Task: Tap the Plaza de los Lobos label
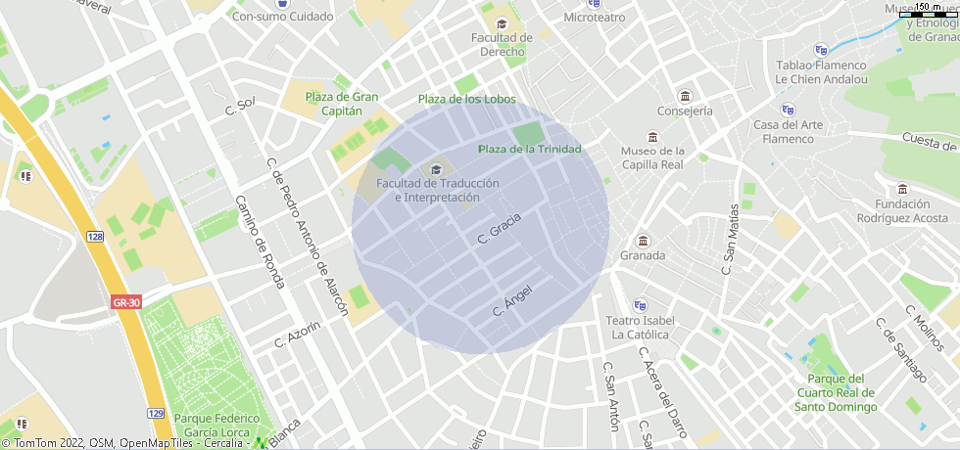point(466,100)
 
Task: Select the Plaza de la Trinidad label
point(529,149)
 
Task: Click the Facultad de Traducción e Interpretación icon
point(432,170)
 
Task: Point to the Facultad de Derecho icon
point(502,24)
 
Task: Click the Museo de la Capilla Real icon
point(653,137)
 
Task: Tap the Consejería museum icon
point(685,97)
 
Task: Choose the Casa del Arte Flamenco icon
point(788,111)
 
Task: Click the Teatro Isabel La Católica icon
point(640,305)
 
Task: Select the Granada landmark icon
point(643,242)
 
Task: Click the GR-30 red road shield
point(126,302)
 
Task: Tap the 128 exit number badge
point(94,237)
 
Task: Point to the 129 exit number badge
point(156,414)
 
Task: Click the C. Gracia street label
point(499,228)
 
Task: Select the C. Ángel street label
point(511,299)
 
